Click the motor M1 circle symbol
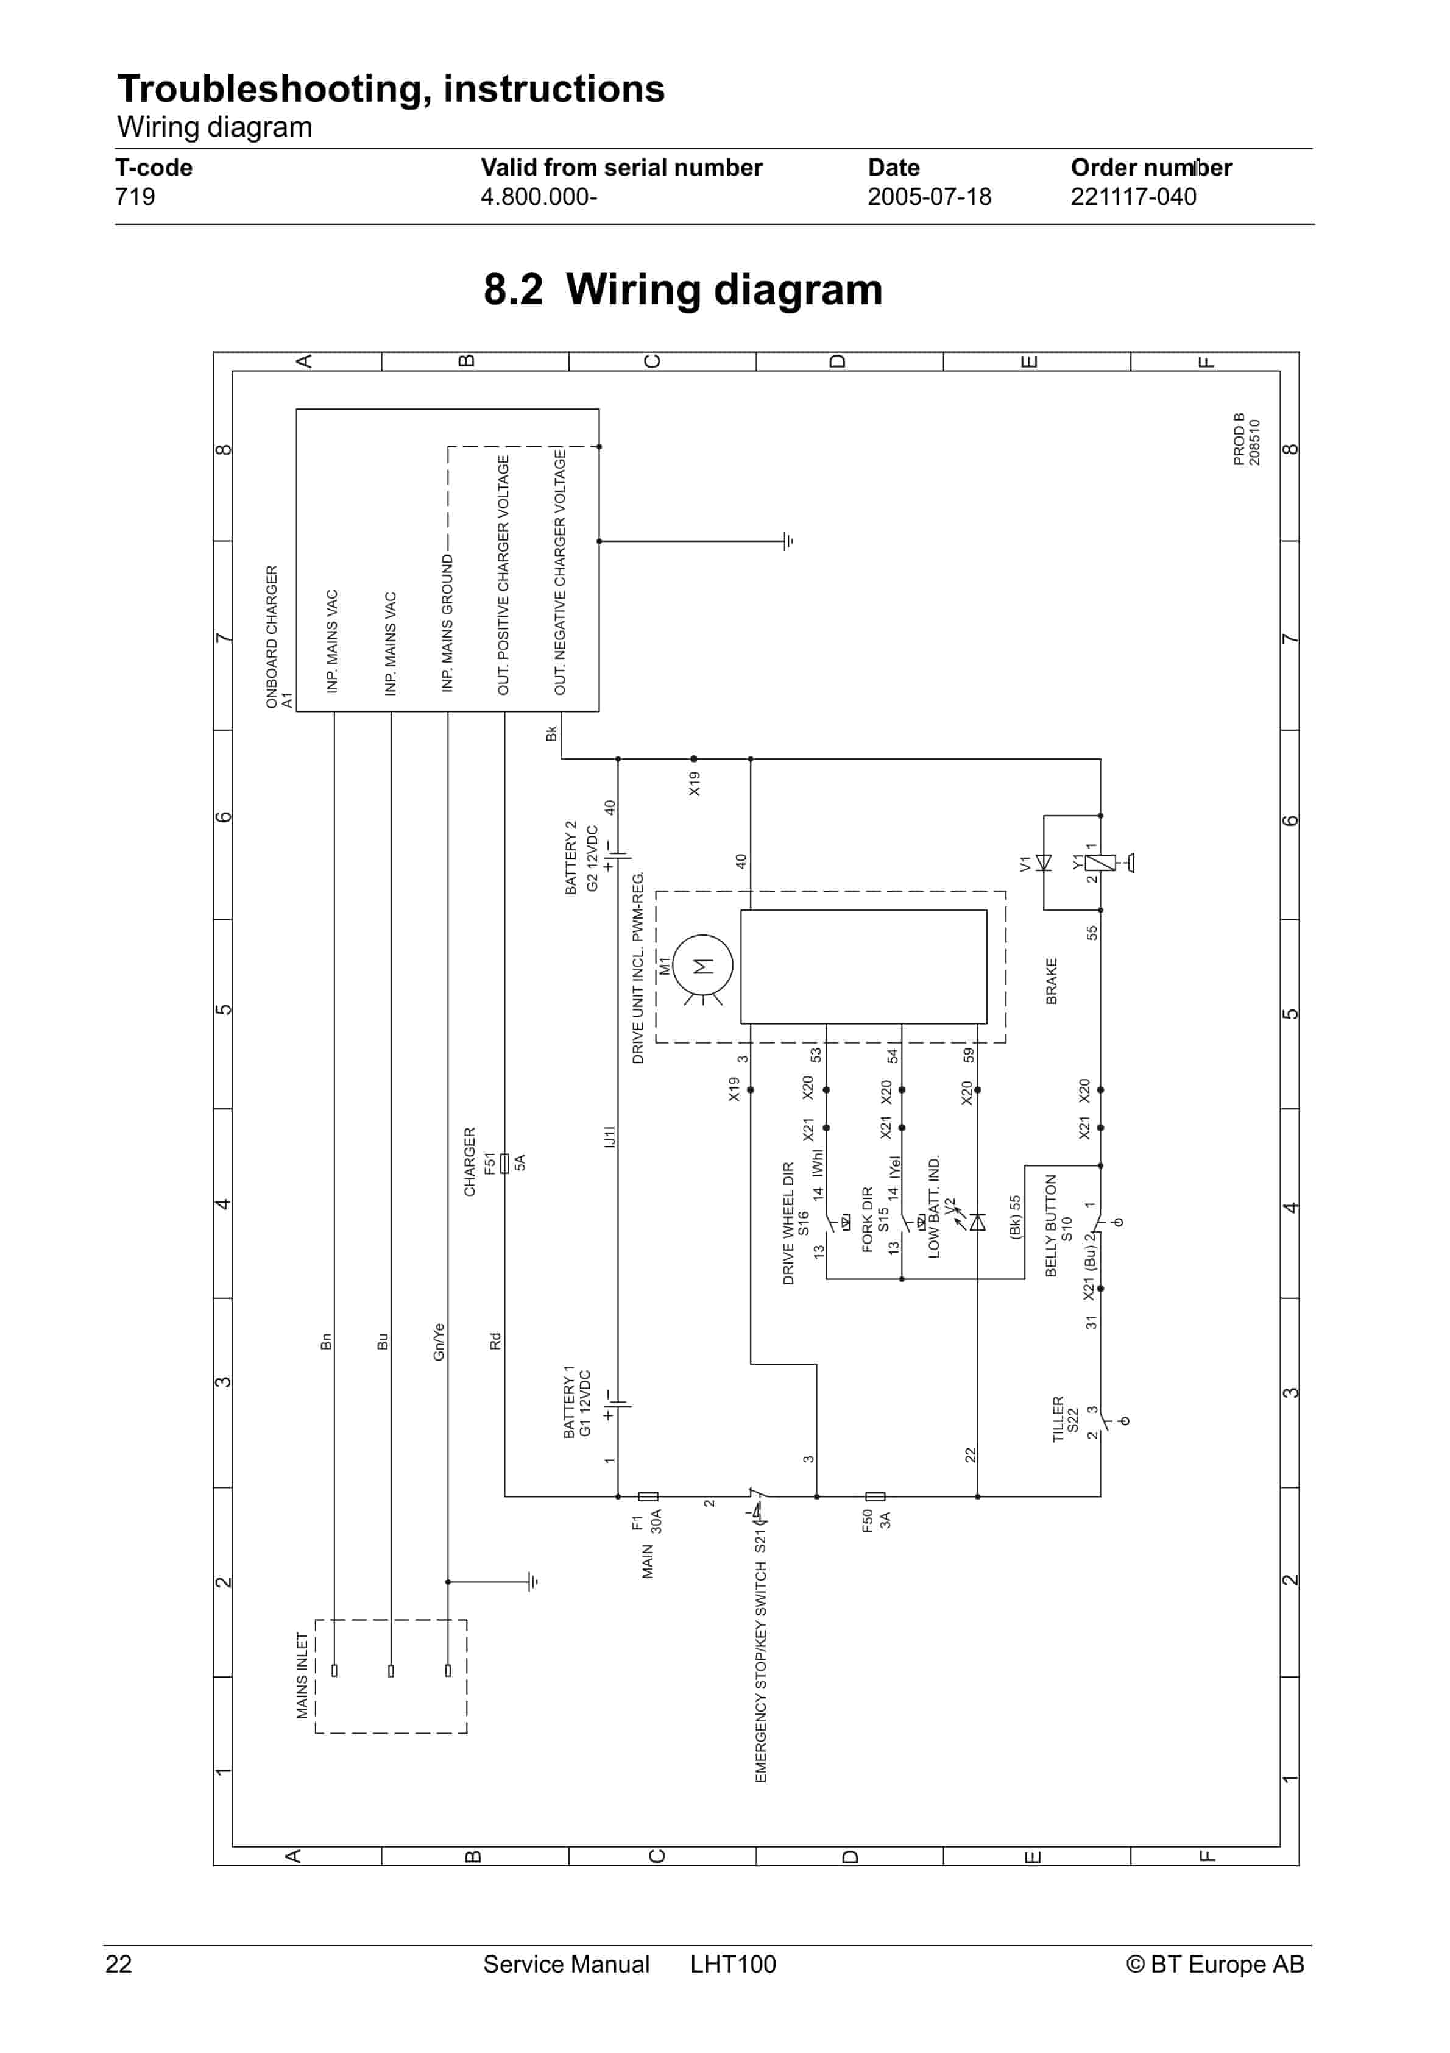(702, 966)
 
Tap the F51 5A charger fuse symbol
(504, 1162)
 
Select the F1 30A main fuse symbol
(648, 1496)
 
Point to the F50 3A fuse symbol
(875, 1496)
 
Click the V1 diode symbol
(1043, 863)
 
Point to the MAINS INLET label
(302, 1676)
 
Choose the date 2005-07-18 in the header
(929, 197)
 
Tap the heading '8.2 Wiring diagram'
(683, 289)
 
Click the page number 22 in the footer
(119, 1963)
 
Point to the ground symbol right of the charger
(788, 541)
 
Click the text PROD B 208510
(1246, 439)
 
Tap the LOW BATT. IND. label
(934, 1207)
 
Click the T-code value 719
(135, 197)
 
